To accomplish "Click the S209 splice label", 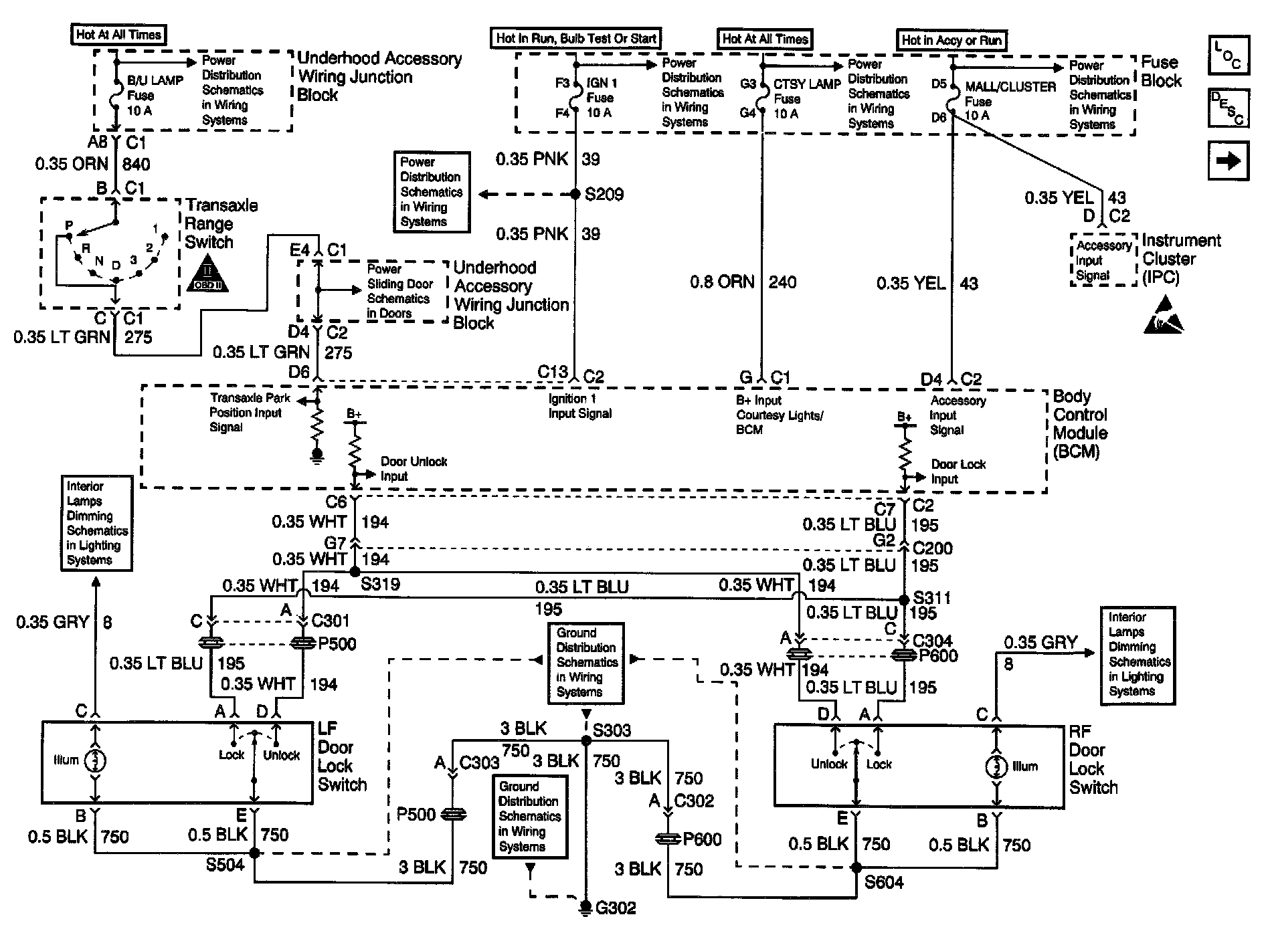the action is point(604,195).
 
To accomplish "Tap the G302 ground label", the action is point(616,908).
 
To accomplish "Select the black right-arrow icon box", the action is point(1228,161).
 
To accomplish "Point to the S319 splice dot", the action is point(355,573).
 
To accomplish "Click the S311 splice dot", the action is point(903,599).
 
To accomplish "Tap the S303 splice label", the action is point(612,730).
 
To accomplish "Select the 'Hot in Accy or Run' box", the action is point(951,40).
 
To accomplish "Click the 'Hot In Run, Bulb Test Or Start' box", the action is point(576,38).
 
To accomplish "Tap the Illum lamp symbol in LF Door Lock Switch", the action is point(95,760).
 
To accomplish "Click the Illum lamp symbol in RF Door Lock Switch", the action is point(996,766).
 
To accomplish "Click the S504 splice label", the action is point(225,865).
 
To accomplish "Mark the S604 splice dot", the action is point(856,867).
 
